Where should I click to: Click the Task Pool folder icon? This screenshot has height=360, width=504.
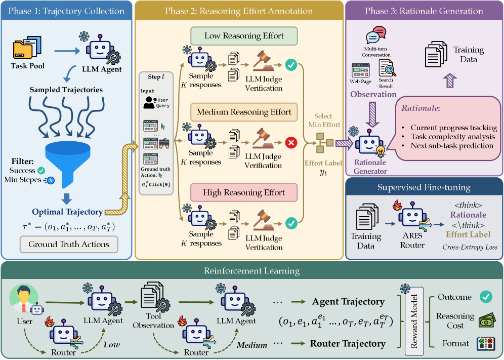coord(27,47)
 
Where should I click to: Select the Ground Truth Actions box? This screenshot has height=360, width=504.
coord(69,245)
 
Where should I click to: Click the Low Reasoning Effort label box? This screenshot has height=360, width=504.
coord(244,36)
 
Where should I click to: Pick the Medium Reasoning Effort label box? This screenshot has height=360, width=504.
coord(244,112)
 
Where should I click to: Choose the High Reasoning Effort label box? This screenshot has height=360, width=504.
coord(244,192)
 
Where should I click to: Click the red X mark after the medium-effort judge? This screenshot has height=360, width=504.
coord(291,142)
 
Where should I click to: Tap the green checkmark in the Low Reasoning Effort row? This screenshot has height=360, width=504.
coord(291,65)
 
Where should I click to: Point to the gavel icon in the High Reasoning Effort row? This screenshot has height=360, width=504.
coord(263,221)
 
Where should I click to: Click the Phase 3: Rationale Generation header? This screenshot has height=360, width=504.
coord(424,11)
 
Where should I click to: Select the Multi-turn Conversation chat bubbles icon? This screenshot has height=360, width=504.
coord(376,35)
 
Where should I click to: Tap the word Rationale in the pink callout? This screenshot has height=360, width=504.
coord(419,108)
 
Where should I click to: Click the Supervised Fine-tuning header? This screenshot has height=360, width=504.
coord(424,187)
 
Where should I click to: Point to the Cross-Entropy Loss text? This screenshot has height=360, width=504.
coord(470,247)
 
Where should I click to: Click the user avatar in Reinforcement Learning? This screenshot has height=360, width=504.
coord(24,299)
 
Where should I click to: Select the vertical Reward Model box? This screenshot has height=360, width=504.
coord(414,322)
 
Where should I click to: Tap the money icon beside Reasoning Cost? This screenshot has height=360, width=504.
coord(487,321)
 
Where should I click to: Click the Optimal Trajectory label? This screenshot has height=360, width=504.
coord(67,212)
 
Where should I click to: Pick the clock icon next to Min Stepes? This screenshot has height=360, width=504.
coord(50,180)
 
